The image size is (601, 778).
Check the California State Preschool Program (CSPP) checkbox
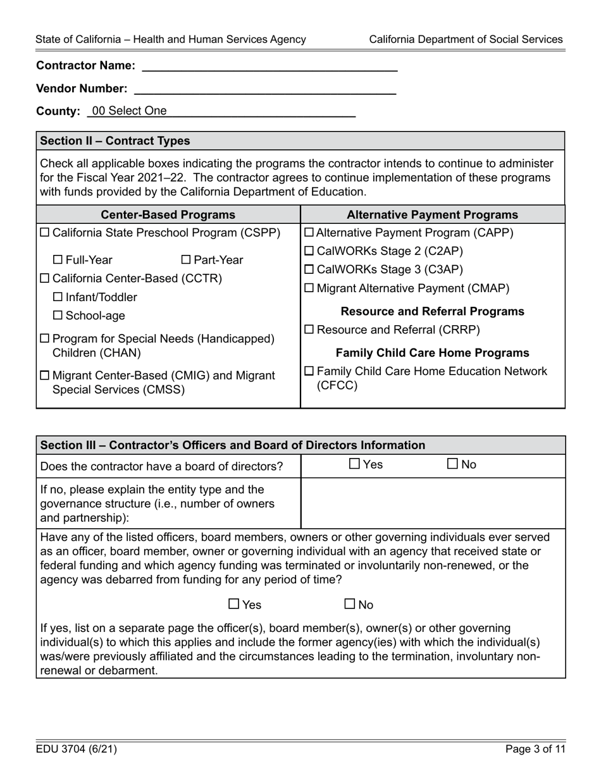pyautogui.click(x=45, y=233)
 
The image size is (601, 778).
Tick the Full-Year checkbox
pyautogui.click(x=58, y=260)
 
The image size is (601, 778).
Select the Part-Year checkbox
pyautogui.click(x=186, y=260)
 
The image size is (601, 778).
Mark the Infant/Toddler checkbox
pyautogui.click(x=58, y=297)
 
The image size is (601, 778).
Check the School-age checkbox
pyautogui.click(x=58, y=316)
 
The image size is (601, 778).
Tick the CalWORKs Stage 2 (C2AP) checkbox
pyautogui.click(x=309, y=252)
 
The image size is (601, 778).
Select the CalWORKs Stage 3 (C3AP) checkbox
pyautogui.click(x=309, y=270)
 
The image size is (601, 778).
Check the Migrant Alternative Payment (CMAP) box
pyautogui.click(x=309, y=288)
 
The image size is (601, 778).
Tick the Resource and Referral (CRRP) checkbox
pyautogui.click(x=309, y=330)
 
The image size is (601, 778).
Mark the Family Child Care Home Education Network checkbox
pyautogui.click(x=309, y=371)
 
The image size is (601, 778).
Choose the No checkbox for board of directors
pyautogui.click(x=453, y=464)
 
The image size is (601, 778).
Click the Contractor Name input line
pyautogui.click(x=270, y=65)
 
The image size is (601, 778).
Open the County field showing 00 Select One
pyautogui.click(x=221, y=111)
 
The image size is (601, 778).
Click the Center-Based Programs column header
pyautogui.click(x=168, y=215)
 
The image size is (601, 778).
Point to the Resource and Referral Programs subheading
pyautogui.click(x=432, y=311)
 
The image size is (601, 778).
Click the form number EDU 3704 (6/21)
pyautogui.click(x=77, y=750)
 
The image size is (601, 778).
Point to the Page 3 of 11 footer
pyautogui.click(x=535, y=750)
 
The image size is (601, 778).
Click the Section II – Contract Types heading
pyautogui.click(x=115, y=140)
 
